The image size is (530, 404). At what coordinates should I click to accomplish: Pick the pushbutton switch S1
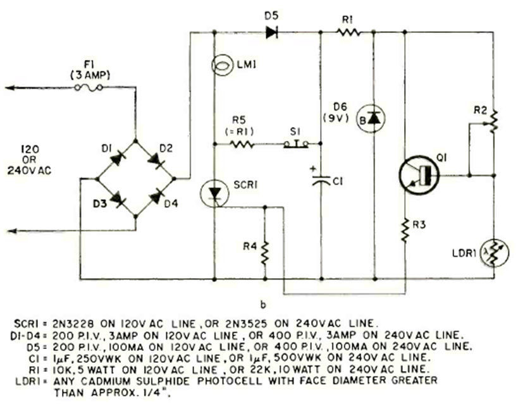(295, 144)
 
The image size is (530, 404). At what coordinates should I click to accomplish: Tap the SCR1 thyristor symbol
(215, 192)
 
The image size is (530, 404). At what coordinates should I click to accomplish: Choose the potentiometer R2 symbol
(493, 118)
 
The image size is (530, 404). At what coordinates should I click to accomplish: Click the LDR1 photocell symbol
(493, 252)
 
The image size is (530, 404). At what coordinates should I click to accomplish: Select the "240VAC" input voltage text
(28, 170)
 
